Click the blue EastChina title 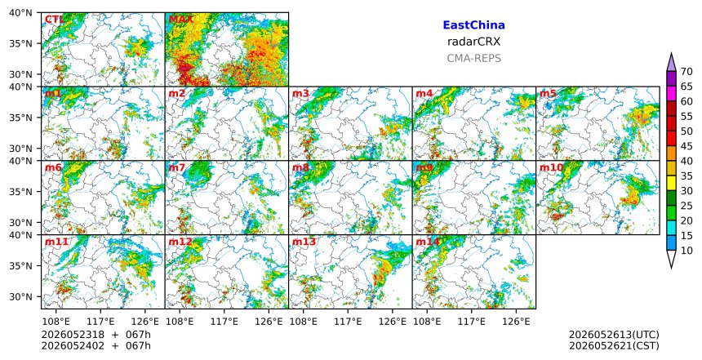click(x=473, y=25)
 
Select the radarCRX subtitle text click(x=473, y=42)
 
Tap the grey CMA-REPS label click(x=473, y=58)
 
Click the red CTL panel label click(x=54, y=20)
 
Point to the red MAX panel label click(x=180, y=20)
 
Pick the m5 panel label click(x=548, y=94)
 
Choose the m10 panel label click(x=551, y=167)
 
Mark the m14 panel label click(x=428, y=242)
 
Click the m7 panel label click(x=177, y=167)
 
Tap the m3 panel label click(x=300, y=94)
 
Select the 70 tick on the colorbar click(x=686, y=72)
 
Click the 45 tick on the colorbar click(x=686, y=146)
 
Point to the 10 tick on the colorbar click(x=686, y=251)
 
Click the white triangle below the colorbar click(x=671, y=258)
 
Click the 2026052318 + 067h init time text click(x=96, y=335)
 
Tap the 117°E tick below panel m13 click(x=348, y=322)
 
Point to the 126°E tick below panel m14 click(x=516, y=322)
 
